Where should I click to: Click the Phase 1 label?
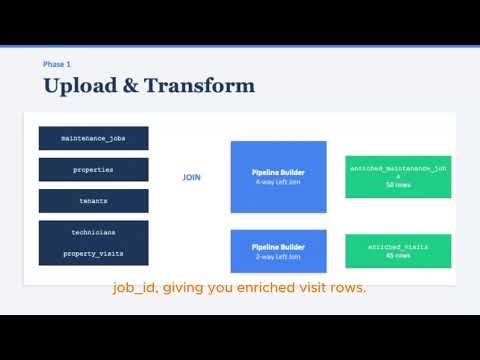pos(56,64)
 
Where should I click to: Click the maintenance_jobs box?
pos(93,137)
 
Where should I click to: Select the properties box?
pos(93,169)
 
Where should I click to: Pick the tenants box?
pos(93,200)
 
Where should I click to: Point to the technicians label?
pos(93,232)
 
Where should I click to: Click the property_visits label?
pos(93,254)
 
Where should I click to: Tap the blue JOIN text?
pos(192,178)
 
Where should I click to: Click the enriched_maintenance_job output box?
pos(397,176)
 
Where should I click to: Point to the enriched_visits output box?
pos(397,250)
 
